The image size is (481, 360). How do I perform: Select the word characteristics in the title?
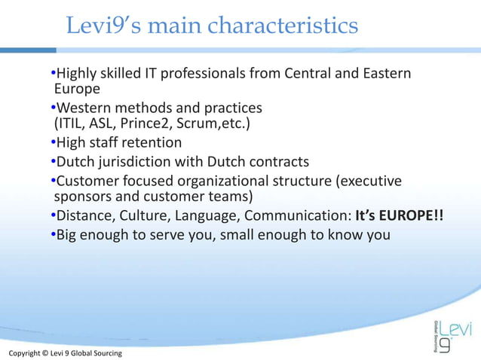(283, 26)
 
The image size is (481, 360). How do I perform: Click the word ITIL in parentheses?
(73, 124)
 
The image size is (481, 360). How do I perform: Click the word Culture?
(142, 217)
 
